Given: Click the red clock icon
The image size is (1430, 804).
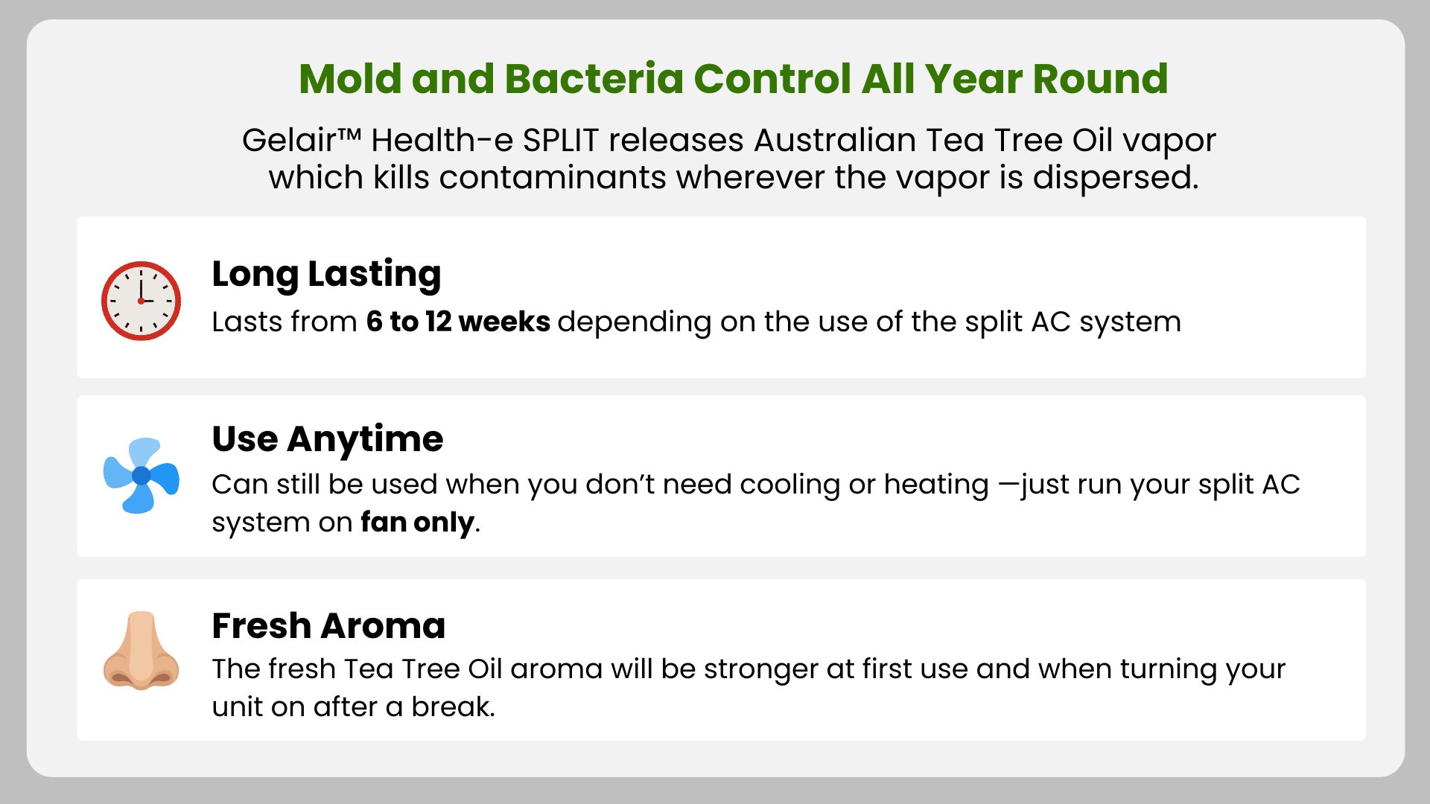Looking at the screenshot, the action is click(141, 301).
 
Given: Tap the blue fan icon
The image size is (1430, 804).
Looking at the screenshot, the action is click(142, 476).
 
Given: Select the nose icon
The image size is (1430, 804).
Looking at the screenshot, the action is click(141, 650).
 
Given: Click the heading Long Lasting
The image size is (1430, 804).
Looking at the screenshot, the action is click(326, 275).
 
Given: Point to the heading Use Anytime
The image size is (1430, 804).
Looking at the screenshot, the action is click(328, 439).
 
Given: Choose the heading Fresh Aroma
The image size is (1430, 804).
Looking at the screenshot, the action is click(328, 625).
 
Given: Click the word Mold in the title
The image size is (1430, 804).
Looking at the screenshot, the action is click(349, 79).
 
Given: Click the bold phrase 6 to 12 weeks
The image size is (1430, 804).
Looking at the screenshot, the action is click(458, 322).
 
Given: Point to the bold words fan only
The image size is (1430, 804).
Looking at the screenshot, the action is click(417, 523).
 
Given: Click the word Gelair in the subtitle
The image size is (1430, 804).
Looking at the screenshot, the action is click(289, 141).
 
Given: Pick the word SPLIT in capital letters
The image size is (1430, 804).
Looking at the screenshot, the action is click(561, 141).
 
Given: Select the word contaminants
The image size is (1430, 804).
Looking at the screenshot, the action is click(553, 178).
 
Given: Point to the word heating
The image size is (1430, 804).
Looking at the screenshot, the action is click(936, 485).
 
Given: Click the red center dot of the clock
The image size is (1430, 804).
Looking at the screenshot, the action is click(141, 301).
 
